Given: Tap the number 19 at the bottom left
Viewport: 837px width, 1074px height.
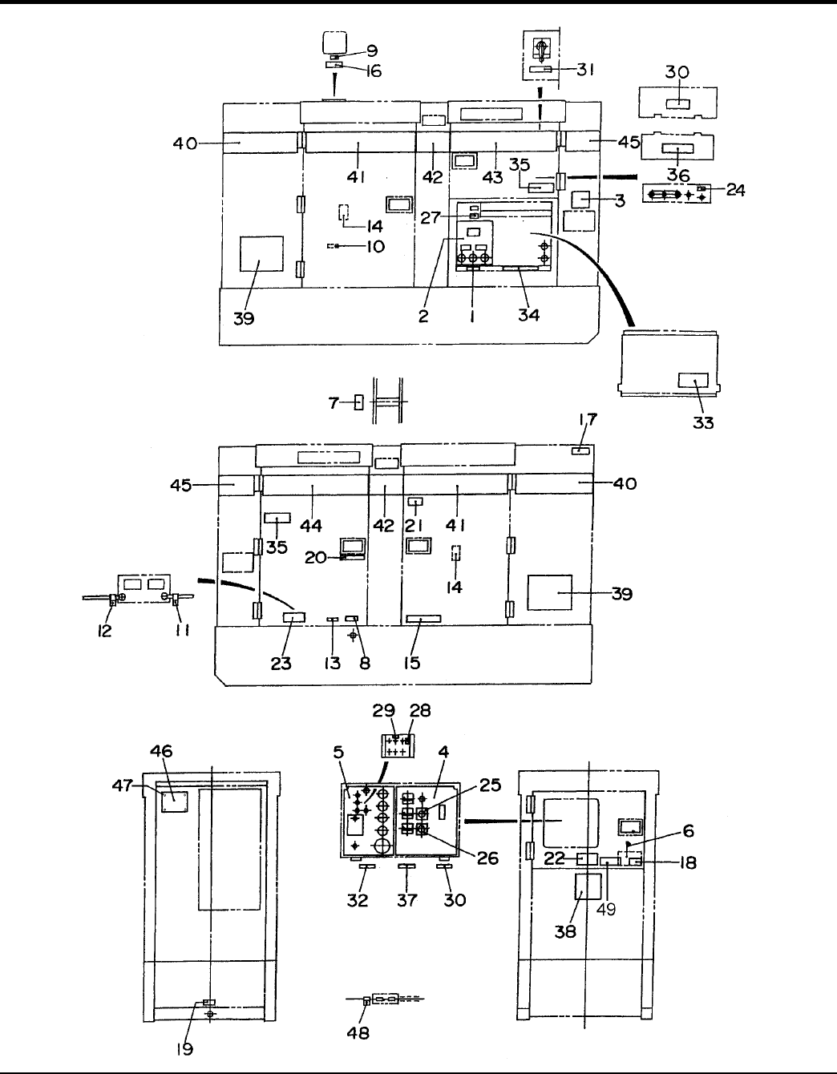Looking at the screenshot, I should point(185,1048).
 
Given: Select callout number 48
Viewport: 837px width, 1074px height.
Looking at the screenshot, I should point(358,1033).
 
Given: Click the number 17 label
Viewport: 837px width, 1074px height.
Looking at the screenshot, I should point(588,419).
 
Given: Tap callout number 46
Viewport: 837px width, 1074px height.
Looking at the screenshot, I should point(162,752).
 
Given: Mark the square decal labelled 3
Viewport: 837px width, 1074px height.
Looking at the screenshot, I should point(580,198).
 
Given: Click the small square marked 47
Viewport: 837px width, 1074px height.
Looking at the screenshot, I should point(175,801).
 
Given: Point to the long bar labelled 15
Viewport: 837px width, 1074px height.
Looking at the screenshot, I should point(423,620).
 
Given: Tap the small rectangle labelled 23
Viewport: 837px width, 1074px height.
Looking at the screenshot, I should point(294,617).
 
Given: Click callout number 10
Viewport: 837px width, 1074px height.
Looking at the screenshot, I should point(374,246).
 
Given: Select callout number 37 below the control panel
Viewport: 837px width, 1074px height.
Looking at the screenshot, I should point(407,900).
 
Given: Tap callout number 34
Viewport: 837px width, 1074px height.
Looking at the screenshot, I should point(528,315).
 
